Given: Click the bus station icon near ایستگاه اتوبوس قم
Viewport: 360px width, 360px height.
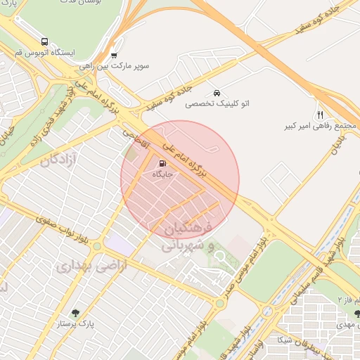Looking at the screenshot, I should (45, 41).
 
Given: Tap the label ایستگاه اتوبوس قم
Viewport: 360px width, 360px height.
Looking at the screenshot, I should (45, 53).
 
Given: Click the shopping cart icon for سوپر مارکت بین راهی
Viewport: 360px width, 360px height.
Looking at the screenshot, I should (114, 55).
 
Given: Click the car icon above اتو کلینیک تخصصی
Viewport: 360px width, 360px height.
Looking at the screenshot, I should (217, 92).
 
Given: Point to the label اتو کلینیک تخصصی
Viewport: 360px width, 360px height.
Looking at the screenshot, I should (217, 103).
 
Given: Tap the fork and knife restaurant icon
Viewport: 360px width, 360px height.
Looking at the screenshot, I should (320, 115).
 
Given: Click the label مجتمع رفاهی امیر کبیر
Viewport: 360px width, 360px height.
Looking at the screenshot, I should (320, 126).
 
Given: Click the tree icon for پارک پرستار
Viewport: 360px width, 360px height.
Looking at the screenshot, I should (76, 313).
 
